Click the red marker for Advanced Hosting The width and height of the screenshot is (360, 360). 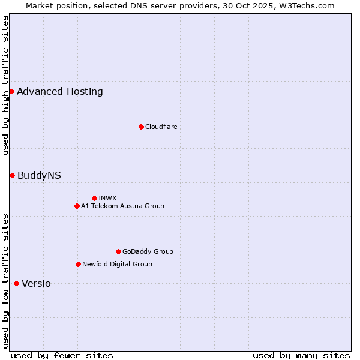(11, 91)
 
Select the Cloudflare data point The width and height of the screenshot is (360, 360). (141, 127)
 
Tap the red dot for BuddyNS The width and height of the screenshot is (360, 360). (12, 175)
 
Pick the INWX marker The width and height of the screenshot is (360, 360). (94, 198)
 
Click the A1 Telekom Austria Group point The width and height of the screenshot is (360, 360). (77, 206)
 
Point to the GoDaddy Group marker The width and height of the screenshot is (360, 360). (118, 251)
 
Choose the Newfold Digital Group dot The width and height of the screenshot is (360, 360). (78, 264)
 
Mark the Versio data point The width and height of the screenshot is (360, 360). (16, 283)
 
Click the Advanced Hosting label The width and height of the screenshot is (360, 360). (60, 92)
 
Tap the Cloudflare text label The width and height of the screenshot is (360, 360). (161, 127)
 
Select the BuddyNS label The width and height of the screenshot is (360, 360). (39, 176)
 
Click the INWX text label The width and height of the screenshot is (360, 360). (107, 198)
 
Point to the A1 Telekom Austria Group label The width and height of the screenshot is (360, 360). (122, 206)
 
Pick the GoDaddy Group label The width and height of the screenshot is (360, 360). (148, 251)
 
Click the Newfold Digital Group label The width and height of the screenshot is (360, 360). (117, 264)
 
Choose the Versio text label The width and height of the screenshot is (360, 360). (36, 284)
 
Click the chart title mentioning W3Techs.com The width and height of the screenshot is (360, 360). (180, 5)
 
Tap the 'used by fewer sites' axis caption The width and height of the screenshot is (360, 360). (62, 355)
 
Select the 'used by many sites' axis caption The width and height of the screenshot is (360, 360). (301, 355)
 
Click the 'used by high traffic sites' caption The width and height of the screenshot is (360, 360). (5, 85)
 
